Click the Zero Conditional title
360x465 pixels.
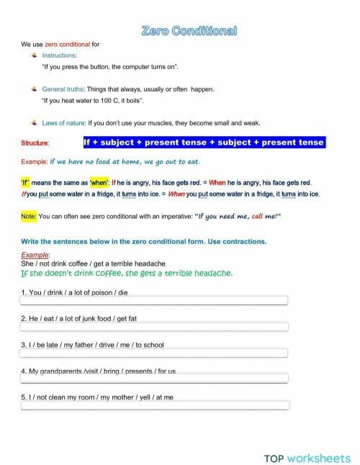[189, 30]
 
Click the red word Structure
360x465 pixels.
[35, 143]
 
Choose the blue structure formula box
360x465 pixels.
[204, 143]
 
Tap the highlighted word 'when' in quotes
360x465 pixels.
[99, 183]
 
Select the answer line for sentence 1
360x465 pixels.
[154, 301]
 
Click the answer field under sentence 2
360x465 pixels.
[154, 327]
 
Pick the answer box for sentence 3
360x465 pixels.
[154, 353]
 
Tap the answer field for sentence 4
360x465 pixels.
[154, 379]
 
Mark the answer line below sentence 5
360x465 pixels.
[154, 405]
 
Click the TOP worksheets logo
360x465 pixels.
[307, 438]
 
